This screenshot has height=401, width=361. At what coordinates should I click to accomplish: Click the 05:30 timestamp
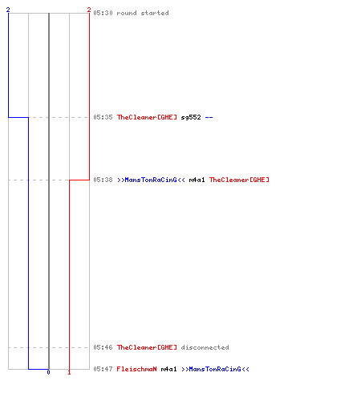point(103,13)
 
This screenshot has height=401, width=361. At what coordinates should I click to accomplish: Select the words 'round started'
point(143,13)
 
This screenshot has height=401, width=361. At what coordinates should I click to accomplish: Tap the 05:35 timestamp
point(103,117)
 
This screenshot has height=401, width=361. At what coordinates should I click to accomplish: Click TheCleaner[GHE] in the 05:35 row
point(147,117)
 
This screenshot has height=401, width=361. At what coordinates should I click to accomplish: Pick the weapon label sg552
point(191,117)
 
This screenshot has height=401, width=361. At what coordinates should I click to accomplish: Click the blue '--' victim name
point(209,117)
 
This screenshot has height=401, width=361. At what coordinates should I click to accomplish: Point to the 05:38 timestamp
point(103,180)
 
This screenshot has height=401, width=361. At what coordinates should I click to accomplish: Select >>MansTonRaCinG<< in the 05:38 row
point(151,180)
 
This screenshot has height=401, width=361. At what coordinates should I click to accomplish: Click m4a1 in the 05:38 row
point(197,180)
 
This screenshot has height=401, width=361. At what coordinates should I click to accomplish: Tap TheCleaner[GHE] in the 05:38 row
point(239,180)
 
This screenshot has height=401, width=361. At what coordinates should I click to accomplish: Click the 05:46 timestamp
point(103,347)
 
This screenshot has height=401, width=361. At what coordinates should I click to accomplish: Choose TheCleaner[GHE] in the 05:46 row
point(147,347)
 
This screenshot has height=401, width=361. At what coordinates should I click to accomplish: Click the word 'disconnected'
point(205,347)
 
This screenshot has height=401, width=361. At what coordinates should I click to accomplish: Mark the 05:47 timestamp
point(103,369)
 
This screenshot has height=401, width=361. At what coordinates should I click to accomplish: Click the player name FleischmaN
point(137,369)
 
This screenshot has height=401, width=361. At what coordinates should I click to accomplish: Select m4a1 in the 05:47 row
point(168,369)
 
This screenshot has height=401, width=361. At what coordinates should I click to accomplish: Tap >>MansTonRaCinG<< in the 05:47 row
point(215,369)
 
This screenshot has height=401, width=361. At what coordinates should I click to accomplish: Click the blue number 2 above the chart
point(8,10)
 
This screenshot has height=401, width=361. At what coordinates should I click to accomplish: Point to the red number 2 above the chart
point(89,10)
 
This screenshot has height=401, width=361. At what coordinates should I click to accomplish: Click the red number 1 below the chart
point(69,372)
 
